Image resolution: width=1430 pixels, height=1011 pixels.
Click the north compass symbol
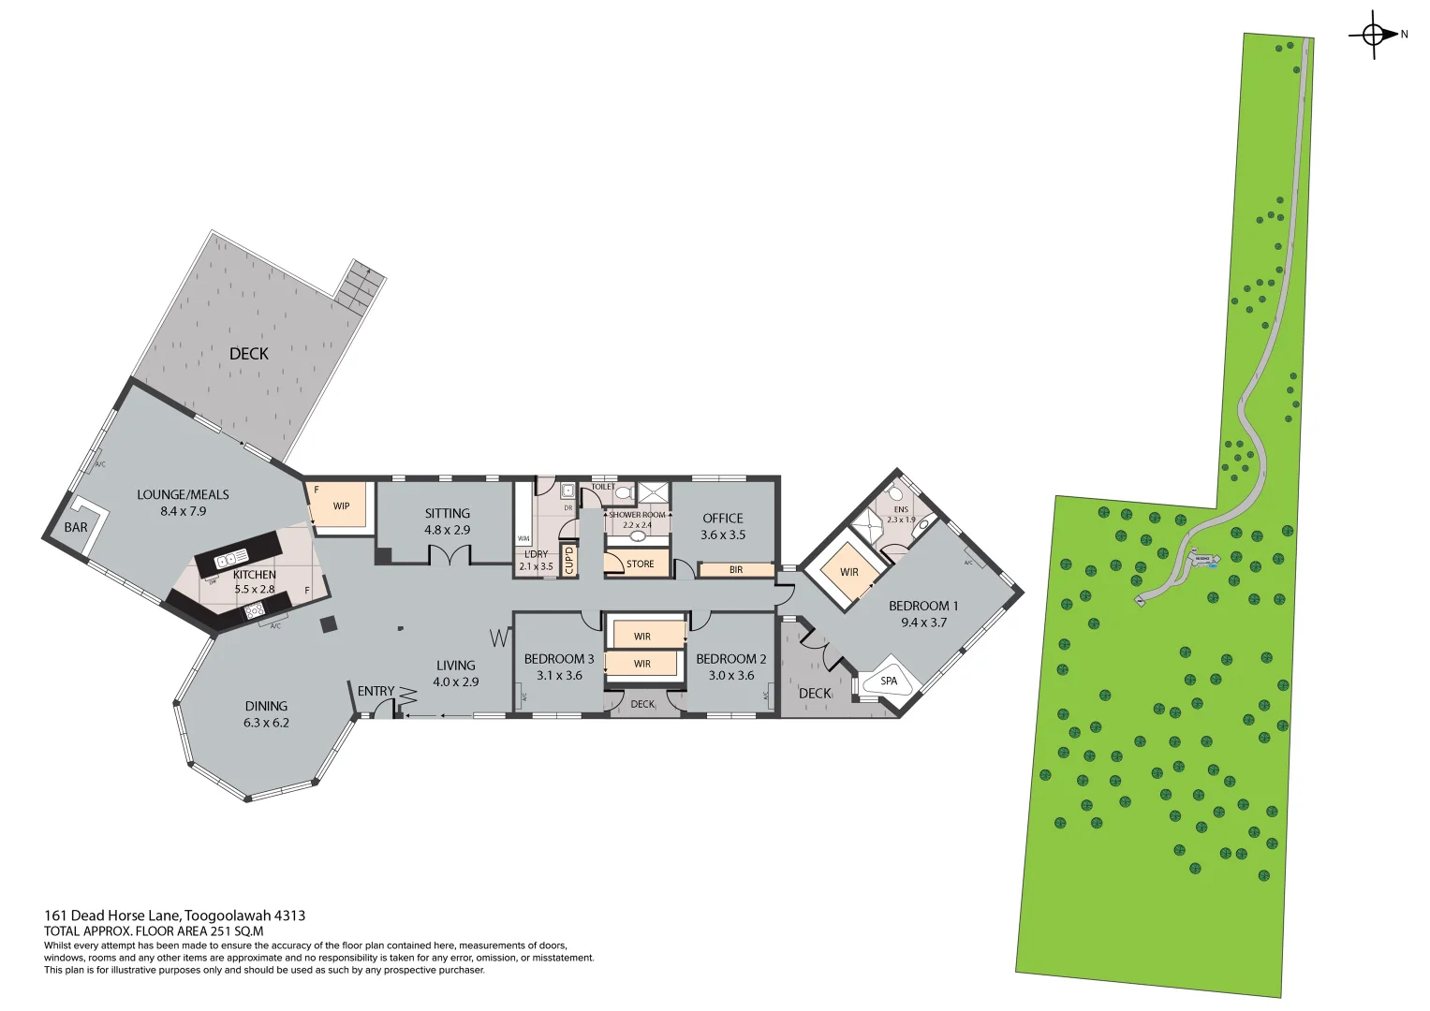point(1373,35)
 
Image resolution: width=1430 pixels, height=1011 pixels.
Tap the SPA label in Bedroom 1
point(888,681)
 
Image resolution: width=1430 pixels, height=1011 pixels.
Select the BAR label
point(76,527)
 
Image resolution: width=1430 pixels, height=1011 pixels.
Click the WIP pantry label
point(341,506)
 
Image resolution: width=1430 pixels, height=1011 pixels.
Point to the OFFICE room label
point(723,518)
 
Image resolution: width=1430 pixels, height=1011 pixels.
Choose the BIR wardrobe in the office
point(736,569)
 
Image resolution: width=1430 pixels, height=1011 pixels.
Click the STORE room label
point(640,564)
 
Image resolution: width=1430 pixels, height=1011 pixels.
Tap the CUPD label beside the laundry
point(568,560)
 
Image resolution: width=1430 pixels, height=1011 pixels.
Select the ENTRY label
point(376,691)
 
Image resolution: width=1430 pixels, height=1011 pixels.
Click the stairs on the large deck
point(360,286)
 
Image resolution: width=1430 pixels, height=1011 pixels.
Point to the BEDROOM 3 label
point(558,659)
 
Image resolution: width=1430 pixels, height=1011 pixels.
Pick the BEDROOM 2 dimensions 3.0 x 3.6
point(730,675)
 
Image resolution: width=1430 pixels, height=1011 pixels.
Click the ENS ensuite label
point(901,510)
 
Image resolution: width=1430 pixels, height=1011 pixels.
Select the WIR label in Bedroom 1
point(848,572)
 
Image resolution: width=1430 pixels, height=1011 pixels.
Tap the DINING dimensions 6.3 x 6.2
point(266,723)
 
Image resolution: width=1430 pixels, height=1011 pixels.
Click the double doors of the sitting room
point(449,557)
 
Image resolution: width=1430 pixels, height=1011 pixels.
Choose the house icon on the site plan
point(1201,560)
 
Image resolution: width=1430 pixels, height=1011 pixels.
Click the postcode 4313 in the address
point(289,916)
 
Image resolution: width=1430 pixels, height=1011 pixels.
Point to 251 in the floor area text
point(222,931)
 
